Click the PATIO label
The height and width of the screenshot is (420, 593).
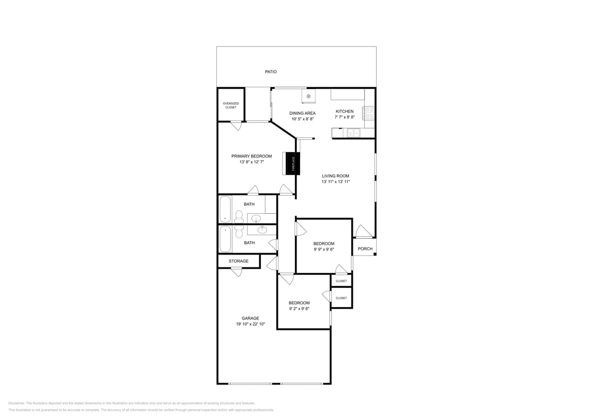tap(271, 72)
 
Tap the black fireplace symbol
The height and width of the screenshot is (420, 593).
tap(293, 164)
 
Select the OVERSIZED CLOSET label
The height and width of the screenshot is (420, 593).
tap(231, 105)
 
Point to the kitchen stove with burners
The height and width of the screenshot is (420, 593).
tap(369, 113)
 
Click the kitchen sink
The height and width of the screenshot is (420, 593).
tap(353, 133)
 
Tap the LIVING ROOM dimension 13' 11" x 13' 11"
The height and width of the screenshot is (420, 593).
tap(335, 182)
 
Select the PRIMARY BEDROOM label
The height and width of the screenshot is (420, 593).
tap(251, 156)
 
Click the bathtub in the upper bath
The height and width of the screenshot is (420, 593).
tap(225, 209)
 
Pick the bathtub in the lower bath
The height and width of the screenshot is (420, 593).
tap(225, 238)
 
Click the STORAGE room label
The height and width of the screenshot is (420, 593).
tap(238, 261)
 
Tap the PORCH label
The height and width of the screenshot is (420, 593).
tap(365, 249)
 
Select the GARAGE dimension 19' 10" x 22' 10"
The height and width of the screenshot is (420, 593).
tap(250, 324)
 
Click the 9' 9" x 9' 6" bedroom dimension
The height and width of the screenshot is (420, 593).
tap(324, 249)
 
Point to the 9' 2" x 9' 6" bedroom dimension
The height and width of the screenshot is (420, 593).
tap(299, 308)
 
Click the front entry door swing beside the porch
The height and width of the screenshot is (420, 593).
tap(363, 231)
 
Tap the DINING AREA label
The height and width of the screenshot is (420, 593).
tap(303, 113)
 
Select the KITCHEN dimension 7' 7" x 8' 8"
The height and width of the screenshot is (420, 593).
tap(345, 117)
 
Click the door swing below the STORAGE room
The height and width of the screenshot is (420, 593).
tap(237, 272)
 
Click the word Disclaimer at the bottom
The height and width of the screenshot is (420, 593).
tap(17, 403)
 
